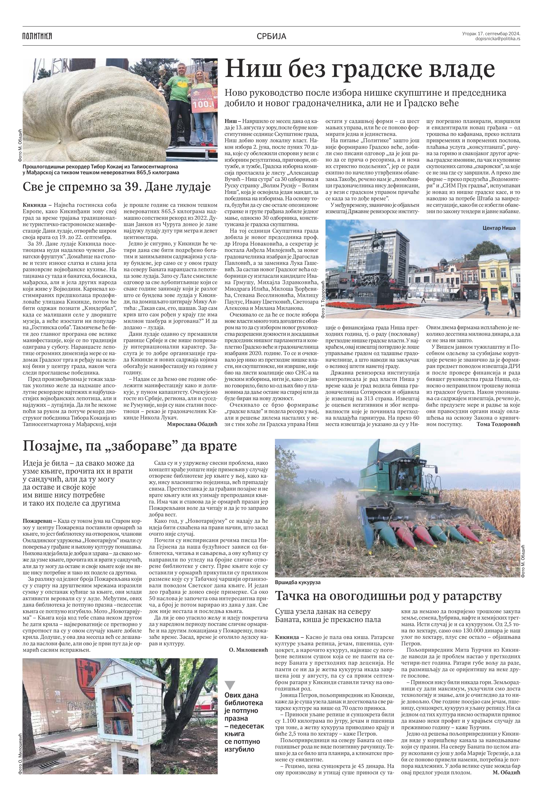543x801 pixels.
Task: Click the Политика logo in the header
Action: [37, 36]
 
